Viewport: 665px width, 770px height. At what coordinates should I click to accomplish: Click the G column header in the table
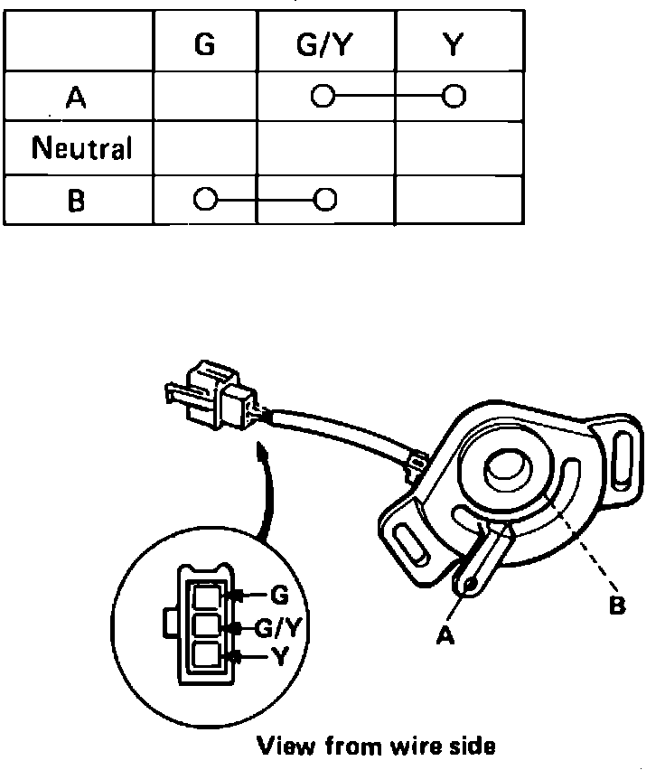point(205,45)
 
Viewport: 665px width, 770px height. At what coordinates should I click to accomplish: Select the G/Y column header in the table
point(325,45)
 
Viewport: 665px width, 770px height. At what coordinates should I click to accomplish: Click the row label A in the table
point(78,98)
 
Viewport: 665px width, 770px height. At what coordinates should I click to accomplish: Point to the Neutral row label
point(81,147)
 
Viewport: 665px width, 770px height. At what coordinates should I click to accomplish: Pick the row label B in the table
point(78,199)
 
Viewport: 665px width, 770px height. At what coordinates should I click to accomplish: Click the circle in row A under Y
point(454,95)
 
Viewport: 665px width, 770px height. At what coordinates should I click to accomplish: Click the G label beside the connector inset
point(279,595)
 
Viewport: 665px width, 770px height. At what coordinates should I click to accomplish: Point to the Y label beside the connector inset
point(278,658)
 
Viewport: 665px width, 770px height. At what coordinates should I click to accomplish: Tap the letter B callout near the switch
point(617,605)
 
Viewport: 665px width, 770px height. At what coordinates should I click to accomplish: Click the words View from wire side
point(377,747)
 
